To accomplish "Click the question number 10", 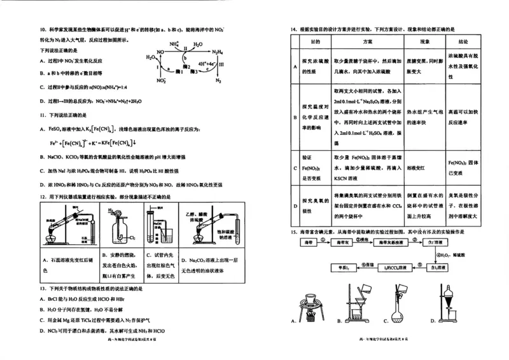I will click(43, 30).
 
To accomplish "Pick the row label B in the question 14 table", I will click(295, 118).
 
